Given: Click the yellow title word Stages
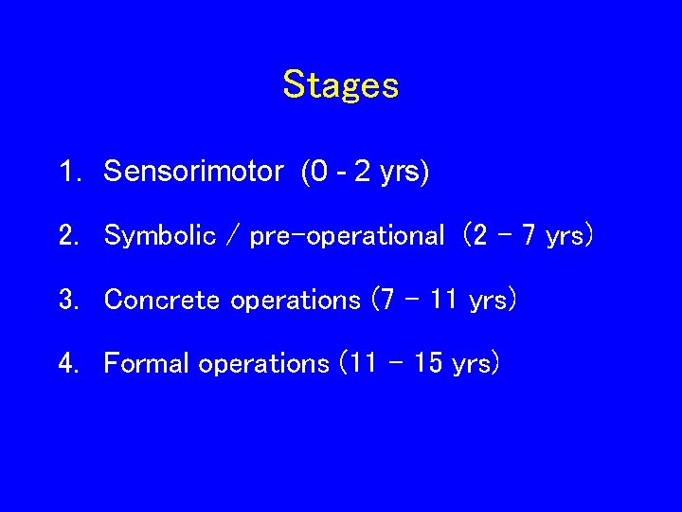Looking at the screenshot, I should click(340, 85).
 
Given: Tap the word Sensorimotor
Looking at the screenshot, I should click(193, 172).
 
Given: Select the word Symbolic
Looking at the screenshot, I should click(160, 236).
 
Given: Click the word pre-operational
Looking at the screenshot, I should click(347, 236).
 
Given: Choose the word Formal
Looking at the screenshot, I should click(147, 363).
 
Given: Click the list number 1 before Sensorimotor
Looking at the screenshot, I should click(67, 172).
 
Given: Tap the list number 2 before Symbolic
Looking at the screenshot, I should click(67, 236).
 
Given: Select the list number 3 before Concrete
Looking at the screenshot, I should click(67, 300).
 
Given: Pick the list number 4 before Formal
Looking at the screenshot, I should click(67, 363).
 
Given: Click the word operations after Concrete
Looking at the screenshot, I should click(295, 301).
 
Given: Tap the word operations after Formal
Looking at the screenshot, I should click(262, 364).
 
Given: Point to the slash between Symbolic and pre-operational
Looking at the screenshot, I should click(233, 236).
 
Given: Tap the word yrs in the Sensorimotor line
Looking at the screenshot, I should click(402, 174).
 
